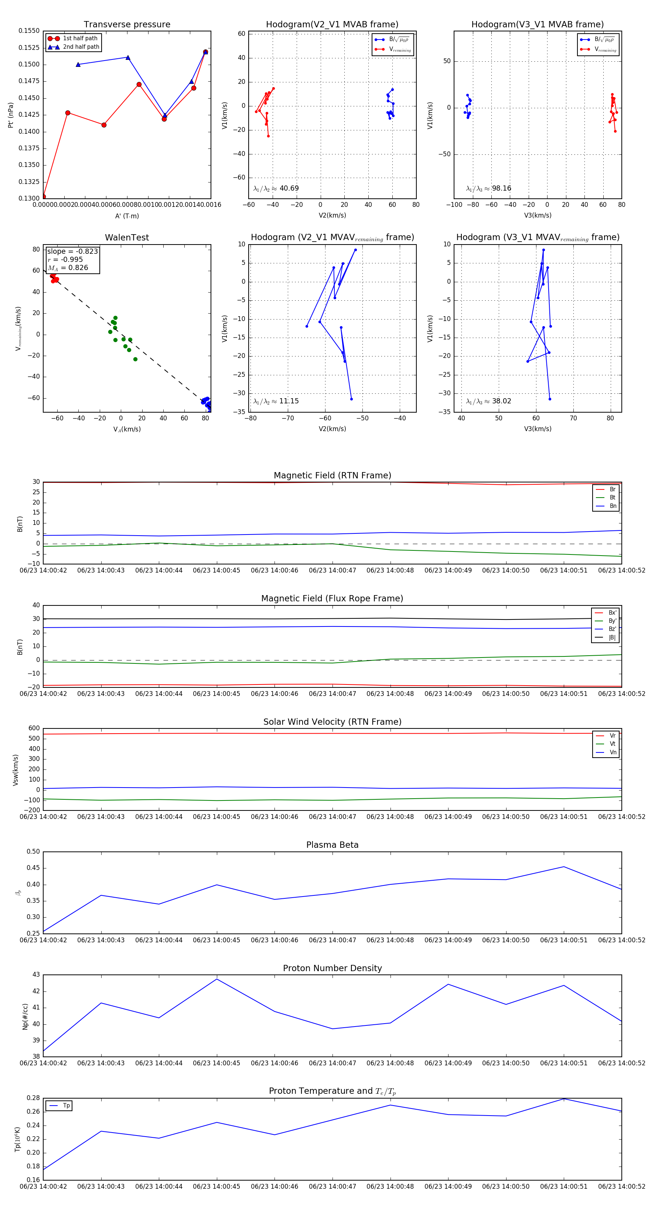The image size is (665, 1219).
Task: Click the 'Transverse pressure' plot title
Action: point(127,25)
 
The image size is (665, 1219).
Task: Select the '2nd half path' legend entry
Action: point(81,47)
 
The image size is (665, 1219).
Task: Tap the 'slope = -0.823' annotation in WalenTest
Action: point(72,251)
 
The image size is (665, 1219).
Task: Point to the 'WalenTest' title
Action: point(127,238)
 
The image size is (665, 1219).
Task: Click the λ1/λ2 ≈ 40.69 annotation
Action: point(276,188)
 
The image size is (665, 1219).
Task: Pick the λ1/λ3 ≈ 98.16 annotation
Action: point(488,188)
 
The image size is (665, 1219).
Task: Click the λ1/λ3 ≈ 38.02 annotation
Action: point(488,401)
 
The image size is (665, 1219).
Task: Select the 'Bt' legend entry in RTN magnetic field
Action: point(612,497)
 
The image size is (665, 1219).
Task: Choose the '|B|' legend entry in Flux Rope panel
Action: point(612,638)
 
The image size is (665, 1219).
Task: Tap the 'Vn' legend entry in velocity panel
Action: point(613,752)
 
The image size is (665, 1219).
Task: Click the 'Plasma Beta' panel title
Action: point(332,845)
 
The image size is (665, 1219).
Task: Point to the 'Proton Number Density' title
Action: point(332,968)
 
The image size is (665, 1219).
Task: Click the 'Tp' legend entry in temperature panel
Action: point(66,1106)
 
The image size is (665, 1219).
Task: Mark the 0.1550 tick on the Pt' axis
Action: point(29,31)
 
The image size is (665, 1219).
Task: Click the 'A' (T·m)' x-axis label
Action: point(127,216)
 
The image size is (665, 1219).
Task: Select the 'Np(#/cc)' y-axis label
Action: point(25,1017)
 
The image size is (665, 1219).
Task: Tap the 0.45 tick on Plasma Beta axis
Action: point(33,868)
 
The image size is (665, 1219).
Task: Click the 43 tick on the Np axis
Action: point(36,975)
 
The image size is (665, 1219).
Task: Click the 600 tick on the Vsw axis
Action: point(34,728)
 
